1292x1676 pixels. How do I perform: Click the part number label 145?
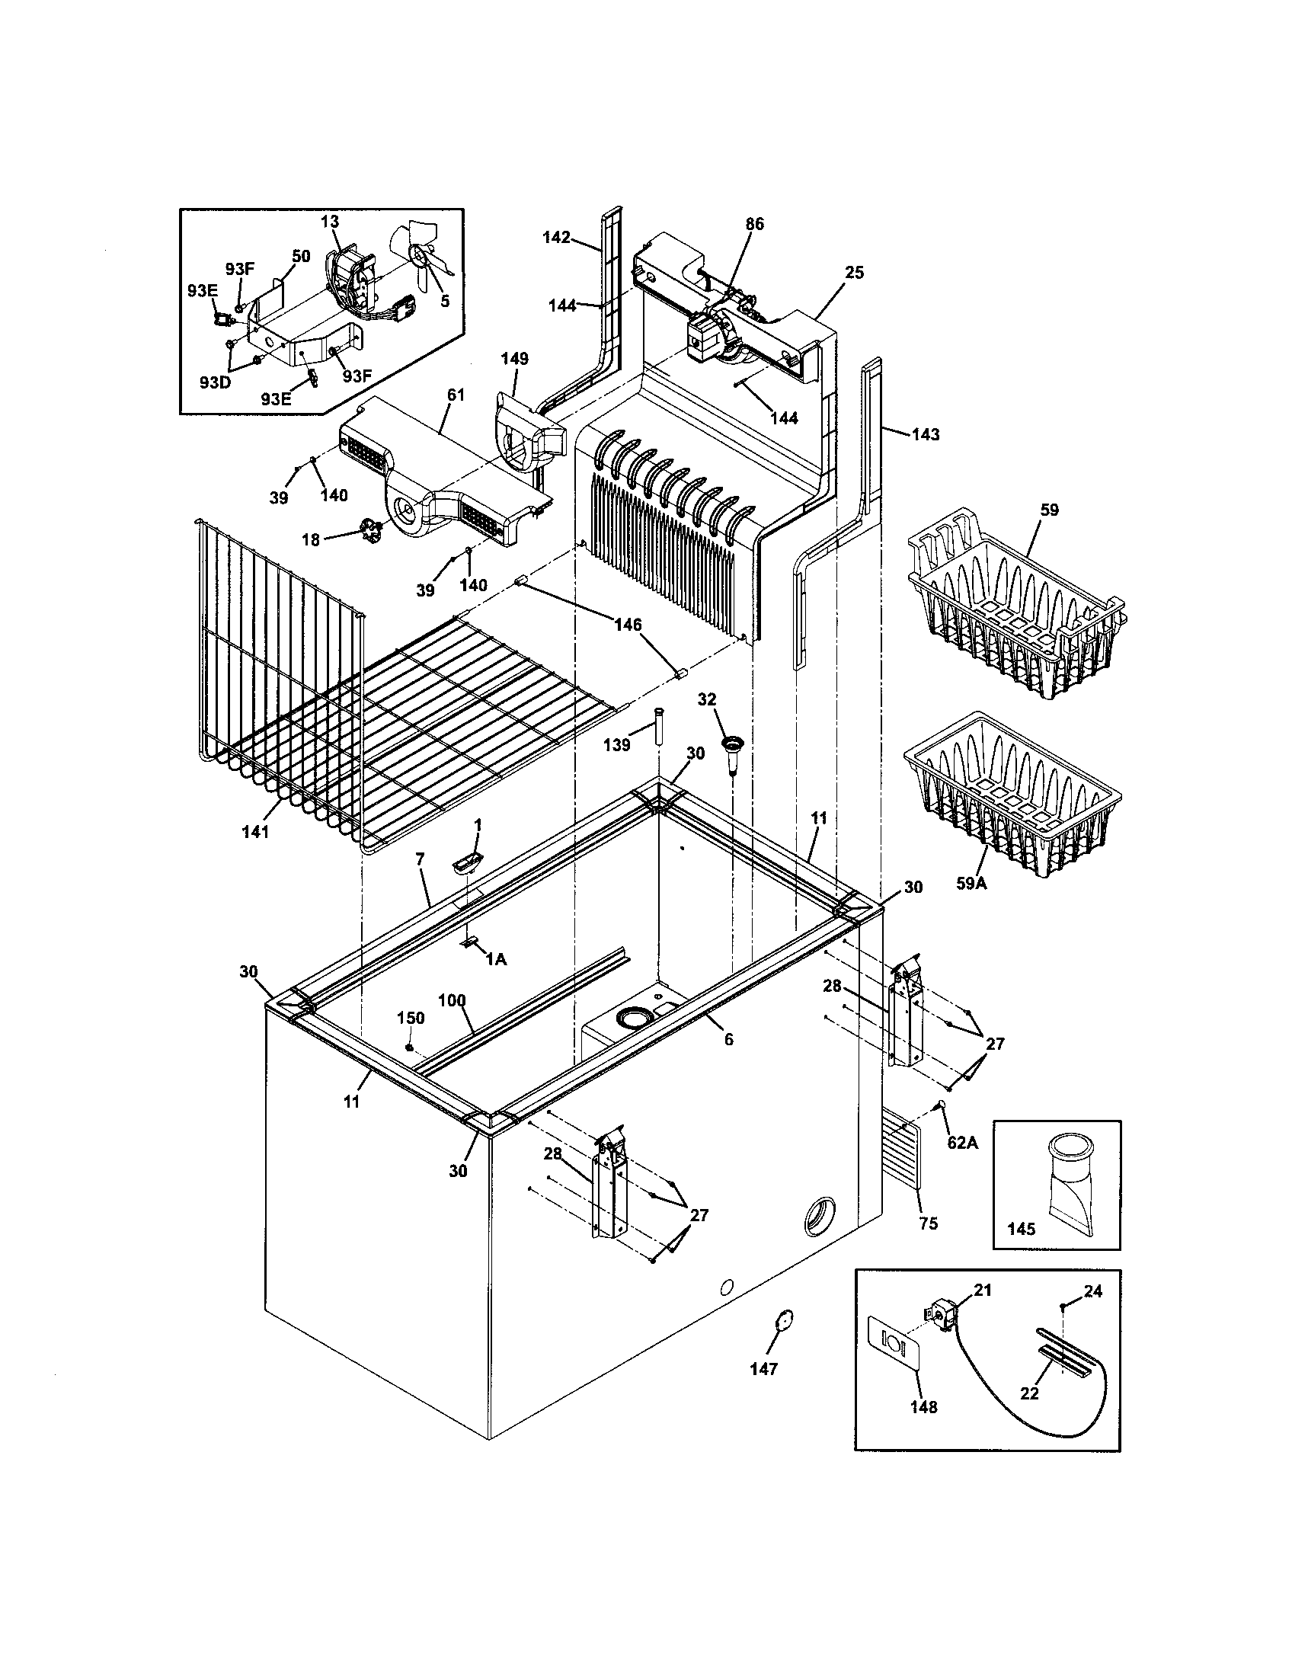[x=1020, y=1229]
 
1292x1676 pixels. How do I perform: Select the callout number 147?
[x=765, y=1368]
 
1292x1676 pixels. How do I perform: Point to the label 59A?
[x=971, y=883]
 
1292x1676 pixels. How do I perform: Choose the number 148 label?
[x=924, y=1406]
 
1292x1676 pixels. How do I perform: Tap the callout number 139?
[x=617, y=744]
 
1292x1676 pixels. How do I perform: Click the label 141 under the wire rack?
[x=255, y=830]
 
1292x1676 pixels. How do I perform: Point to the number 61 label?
[x=456, y=395]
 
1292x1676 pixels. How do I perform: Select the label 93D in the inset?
[x=215, y=382]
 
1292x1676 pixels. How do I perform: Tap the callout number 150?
[x=411, y=1018]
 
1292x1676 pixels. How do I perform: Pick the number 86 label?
[x=755, y=224]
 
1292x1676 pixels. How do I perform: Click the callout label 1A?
[x=496, y=959]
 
